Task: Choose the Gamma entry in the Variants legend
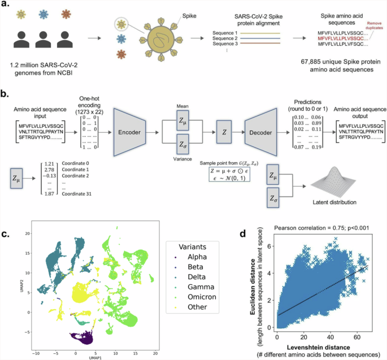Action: click(x=199, y=287)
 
